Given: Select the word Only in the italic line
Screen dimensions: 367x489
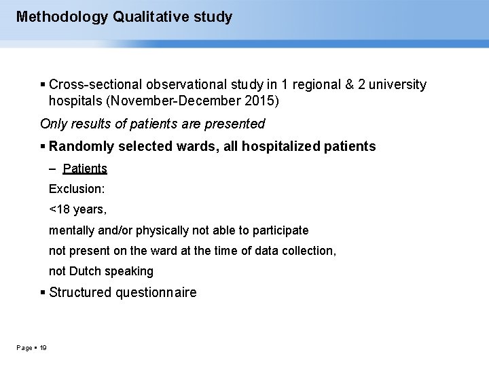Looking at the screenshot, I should (x=54, y=124).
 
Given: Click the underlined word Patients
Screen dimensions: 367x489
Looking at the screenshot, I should (x=85, y=168).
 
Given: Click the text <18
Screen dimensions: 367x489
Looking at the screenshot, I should (x=58, y=209).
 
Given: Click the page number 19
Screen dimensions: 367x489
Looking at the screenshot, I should (x=43, y=348).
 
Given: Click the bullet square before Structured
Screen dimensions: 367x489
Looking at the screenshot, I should (x=43, y=293).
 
